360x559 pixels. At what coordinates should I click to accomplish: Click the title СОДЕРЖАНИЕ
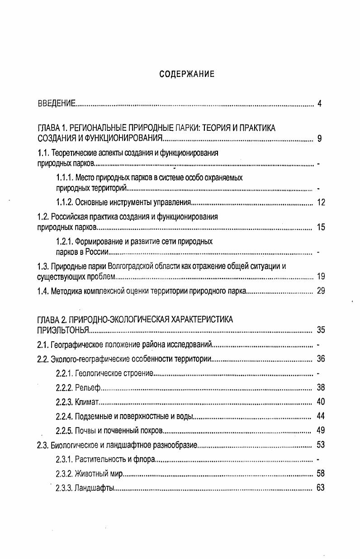pyautogui.click(x=187, y=74)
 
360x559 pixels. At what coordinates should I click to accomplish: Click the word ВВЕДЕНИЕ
pyautogui.click(x=56, y=104)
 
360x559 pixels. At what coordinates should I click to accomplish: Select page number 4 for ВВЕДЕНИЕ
pyautogui.click(x=319, y=104)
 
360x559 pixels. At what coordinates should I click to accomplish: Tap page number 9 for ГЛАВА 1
pyautogui.click(x=319, y=139)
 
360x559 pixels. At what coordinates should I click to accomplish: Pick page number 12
pyautogui.click(x=321, y=202)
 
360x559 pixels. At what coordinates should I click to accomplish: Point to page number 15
pyautogui.click(x=321, y=227)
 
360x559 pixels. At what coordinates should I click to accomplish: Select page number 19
pyautogui.click(x=321, y=276)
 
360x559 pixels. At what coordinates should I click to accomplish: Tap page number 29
pyautogui.click(x=321, y=291)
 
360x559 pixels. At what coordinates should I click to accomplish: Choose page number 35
pyautogui.click(x=321, y=330)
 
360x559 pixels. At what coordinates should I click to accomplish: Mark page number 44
pyautogui.click(x=321, y=416)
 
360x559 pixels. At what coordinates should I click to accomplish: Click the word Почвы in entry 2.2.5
pyautogui.click(x=85, y=430)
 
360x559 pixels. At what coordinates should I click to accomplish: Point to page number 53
pyautogui.click(x=321, y=445)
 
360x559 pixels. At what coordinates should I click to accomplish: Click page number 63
pyautogui.click(x=321, y=488)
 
